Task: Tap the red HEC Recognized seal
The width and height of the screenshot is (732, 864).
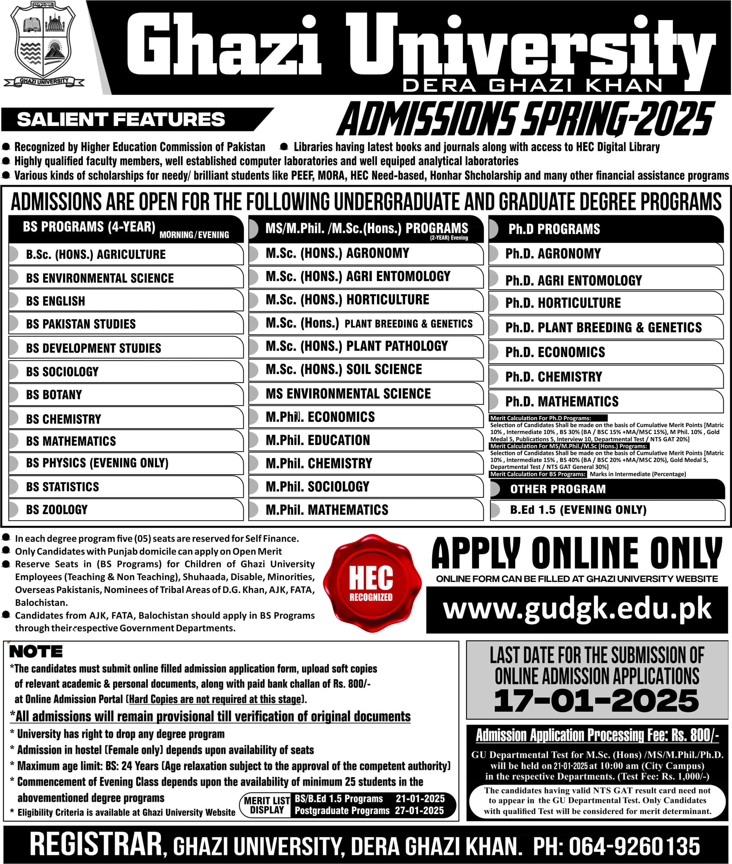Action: pos(371,583)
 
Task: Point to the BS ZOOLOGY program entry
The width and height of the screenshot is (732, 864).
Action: pos(57,509)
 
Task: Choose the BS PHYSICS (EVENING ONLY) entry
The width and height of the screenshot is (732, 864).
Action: pos(97,463)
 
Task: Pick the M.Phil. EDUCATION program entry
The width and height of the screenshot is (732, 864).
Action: pos(318,440)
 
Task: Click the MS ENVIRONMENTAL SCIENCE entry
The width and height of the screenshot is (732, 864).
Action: pos(348,394)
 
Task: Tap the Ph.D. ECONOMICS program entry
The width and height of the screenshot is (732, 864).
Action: pos(555,352)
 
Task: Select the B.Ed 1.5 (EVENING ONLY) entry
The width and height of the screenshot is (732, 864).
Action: pos(578,509)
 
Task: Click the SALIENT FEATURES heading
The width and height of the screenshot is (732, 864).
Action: pos(121,119)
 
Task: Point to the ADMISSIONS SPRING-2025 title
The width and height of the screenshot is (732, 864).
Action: pos(526,119)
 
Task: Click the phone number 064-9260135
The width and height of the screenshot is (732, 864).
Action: pos(634,846)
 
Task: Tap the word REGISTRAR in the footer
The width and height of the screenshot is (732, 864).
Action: pos(96,844)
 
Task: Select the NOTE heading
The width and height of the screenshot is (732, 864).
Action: pos(36,652)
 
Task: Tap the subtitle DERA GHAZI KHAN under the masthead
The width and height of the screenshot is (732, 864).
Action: pos(533,85)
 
